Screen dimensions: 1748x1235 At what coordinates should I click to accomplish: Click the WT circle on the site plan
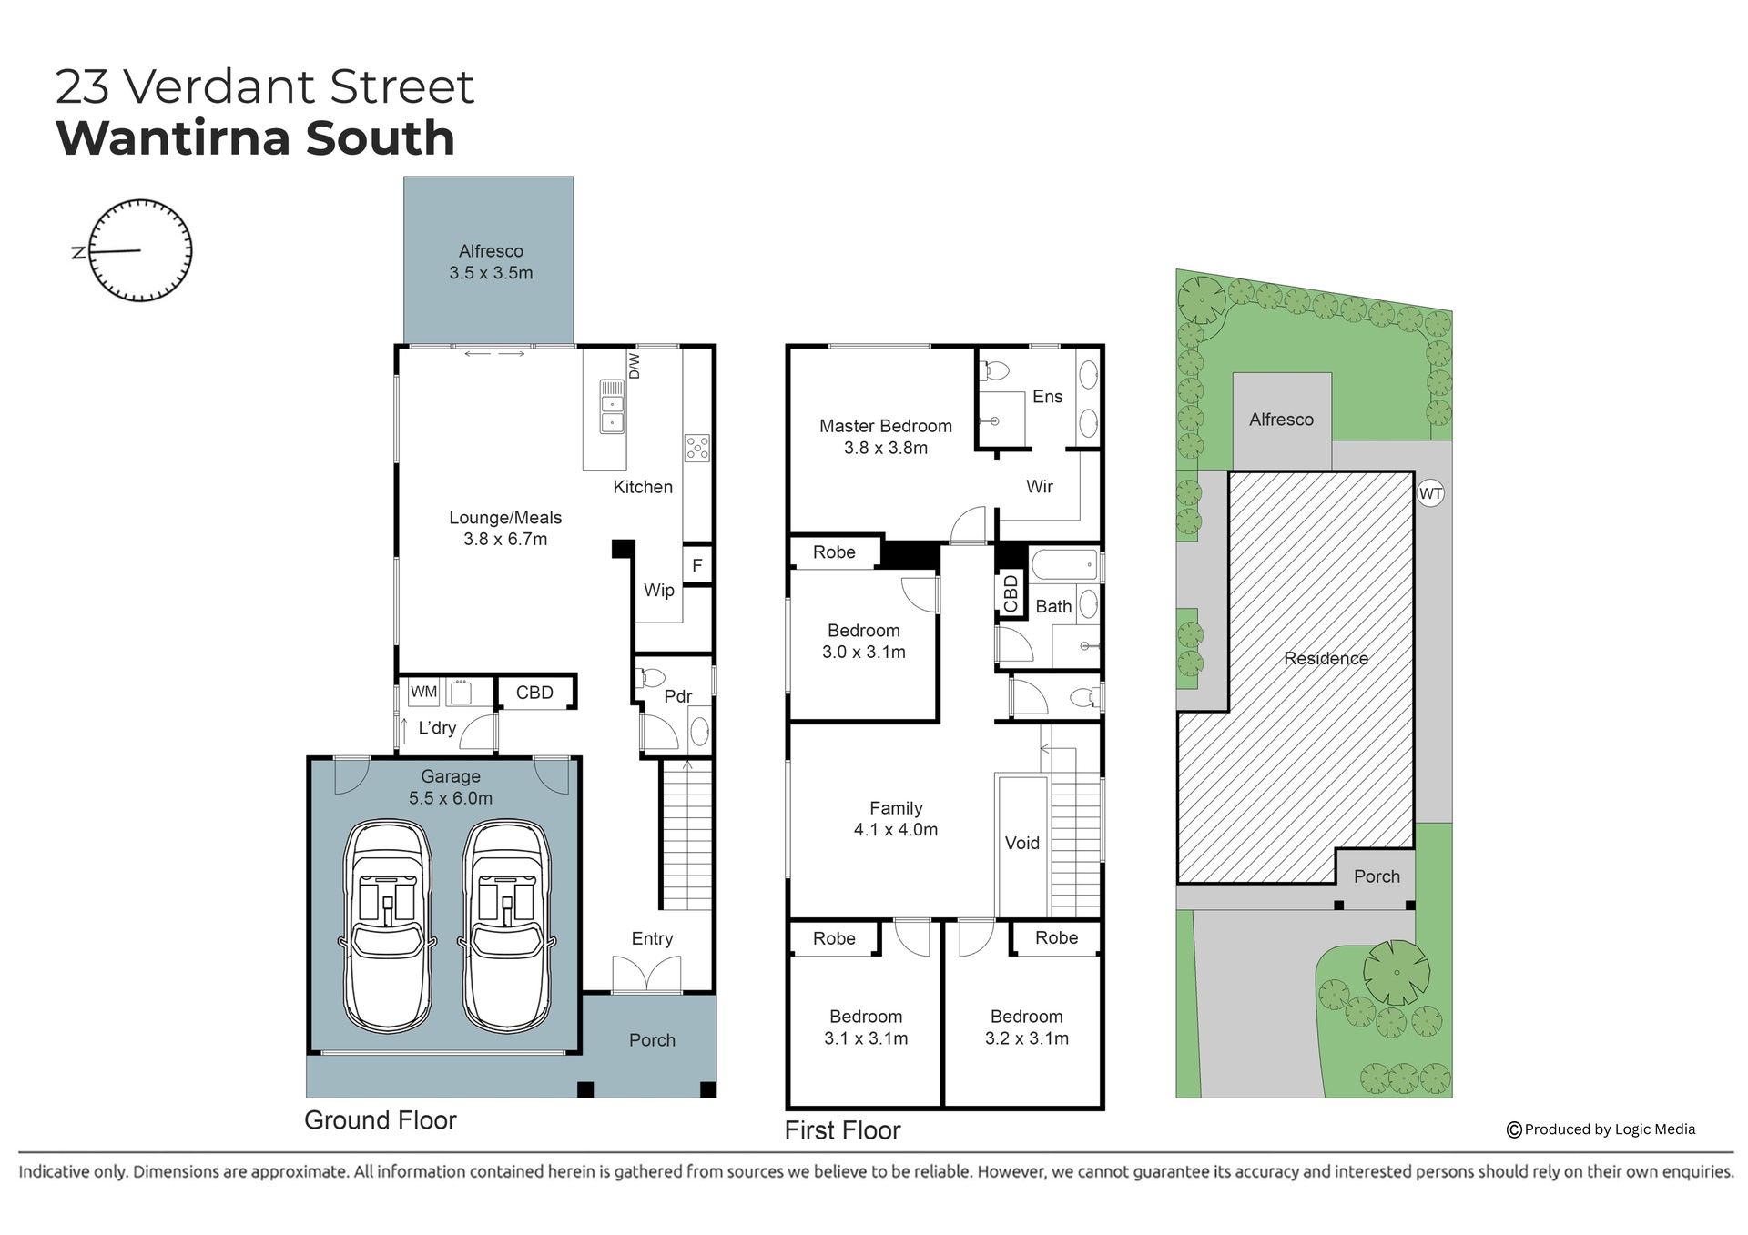coord(1430,494)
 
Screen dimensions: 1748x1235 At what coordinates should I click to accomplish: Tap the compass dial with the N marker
coord(141,250)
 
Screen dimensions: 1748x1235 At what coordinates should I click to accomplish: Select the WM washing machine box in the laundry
coord(423,692)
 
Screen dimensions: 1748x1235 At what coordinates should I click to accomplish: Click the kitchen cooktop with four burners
coord(697,448)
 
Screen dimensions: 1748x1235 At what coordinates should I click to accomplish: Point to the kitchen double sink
coord(612,406)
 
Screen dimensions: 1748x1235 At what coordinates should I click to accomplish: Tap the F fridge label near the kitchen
coord(697,565)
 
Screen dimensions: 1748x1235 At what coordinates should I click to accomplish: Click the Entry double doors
coord(647,975)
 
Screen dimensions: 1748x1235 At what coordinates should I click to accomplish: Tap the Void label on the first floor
coord(1021,843)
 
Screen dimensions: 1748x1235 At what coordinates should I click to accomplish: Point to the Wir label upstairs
coord(1039,487)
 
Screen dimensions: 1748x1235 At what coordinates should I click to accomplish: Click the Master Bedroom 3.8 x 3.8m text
coord(886,437)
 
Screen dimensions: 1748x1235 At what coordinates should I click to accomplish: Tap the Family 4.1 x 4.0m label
coord(896,819)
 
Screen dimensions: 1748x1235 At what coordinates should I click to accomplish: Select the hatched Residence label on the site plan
coord(1326,658)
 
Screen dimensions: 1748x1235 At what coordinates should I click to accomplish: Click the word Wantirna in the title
coord(171,137)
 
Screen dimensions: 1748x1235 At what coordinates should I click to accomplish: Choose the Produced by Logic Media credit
coord(1601,1129)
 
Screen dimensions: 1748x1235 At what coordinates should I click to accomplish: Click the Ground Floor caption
coord(381,1120)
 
